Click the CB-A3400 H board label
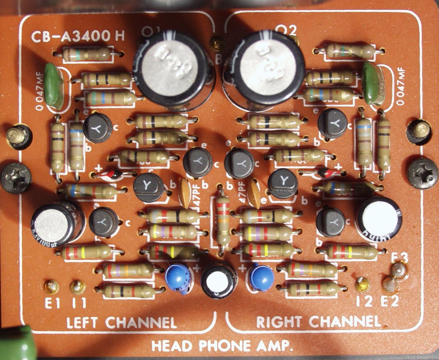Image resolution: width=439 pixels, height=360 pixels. (x=78, y=36)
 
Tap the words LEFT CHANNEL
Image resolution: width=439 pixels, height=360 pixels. (x=121, y=322)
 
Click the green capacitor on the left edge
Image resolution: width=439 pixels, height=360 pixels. (x=54, y=86)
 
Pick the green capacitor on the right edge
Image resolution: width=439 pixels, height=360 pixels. (x=371, y=84)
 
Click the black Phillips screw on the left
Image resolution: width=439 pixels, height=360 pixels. (x=16, y=178)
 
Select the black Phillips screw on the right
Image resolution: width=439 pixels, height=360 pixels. (x=422, y=173)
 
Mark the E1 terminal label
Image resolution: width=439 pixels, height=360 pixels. (x=52, y=303)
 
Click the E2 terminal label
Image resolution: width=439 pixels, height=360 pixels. (x=390, y=301)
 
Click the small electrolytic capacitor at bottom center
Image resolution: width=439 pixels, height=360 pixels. (x=219, y=280)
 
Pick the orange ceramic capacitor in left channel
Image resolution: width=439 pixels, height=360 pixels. (x=185, y=193)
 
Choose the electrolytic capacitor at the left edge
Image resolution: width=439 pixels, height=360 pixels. (x=57, y=223)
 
